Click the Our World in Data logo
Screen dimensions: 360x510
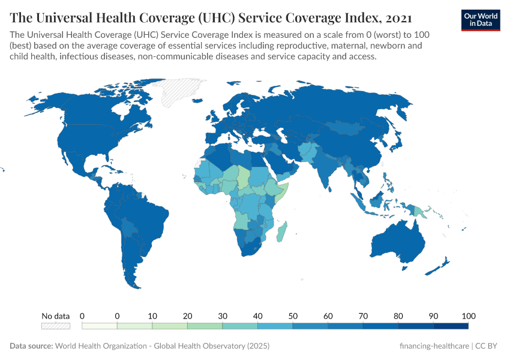[x=481, y=19]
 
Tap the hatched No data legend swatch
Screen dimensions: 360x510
[x=55, y=326]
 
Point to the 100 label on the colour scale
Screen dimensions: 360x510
[x=468, y=316]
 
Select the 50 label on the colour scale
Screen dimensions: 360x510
[x=293, y=316]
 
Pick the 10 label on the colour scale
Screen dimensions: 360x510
[x=152, y=316]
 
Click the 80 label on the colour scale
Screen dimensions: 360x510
[x=398, y=316]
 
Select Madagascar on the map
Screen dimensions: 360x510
[x=281, y=231]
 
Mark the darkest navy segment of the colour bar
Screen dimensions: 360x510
[x=450, y=326]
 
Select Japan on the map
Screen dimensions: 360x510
[x=396, y=141]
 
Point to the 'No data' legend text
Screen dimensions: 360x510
[x=55, y=316]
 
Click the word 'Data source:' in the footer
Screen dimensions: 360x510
[x=31, y=346]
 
